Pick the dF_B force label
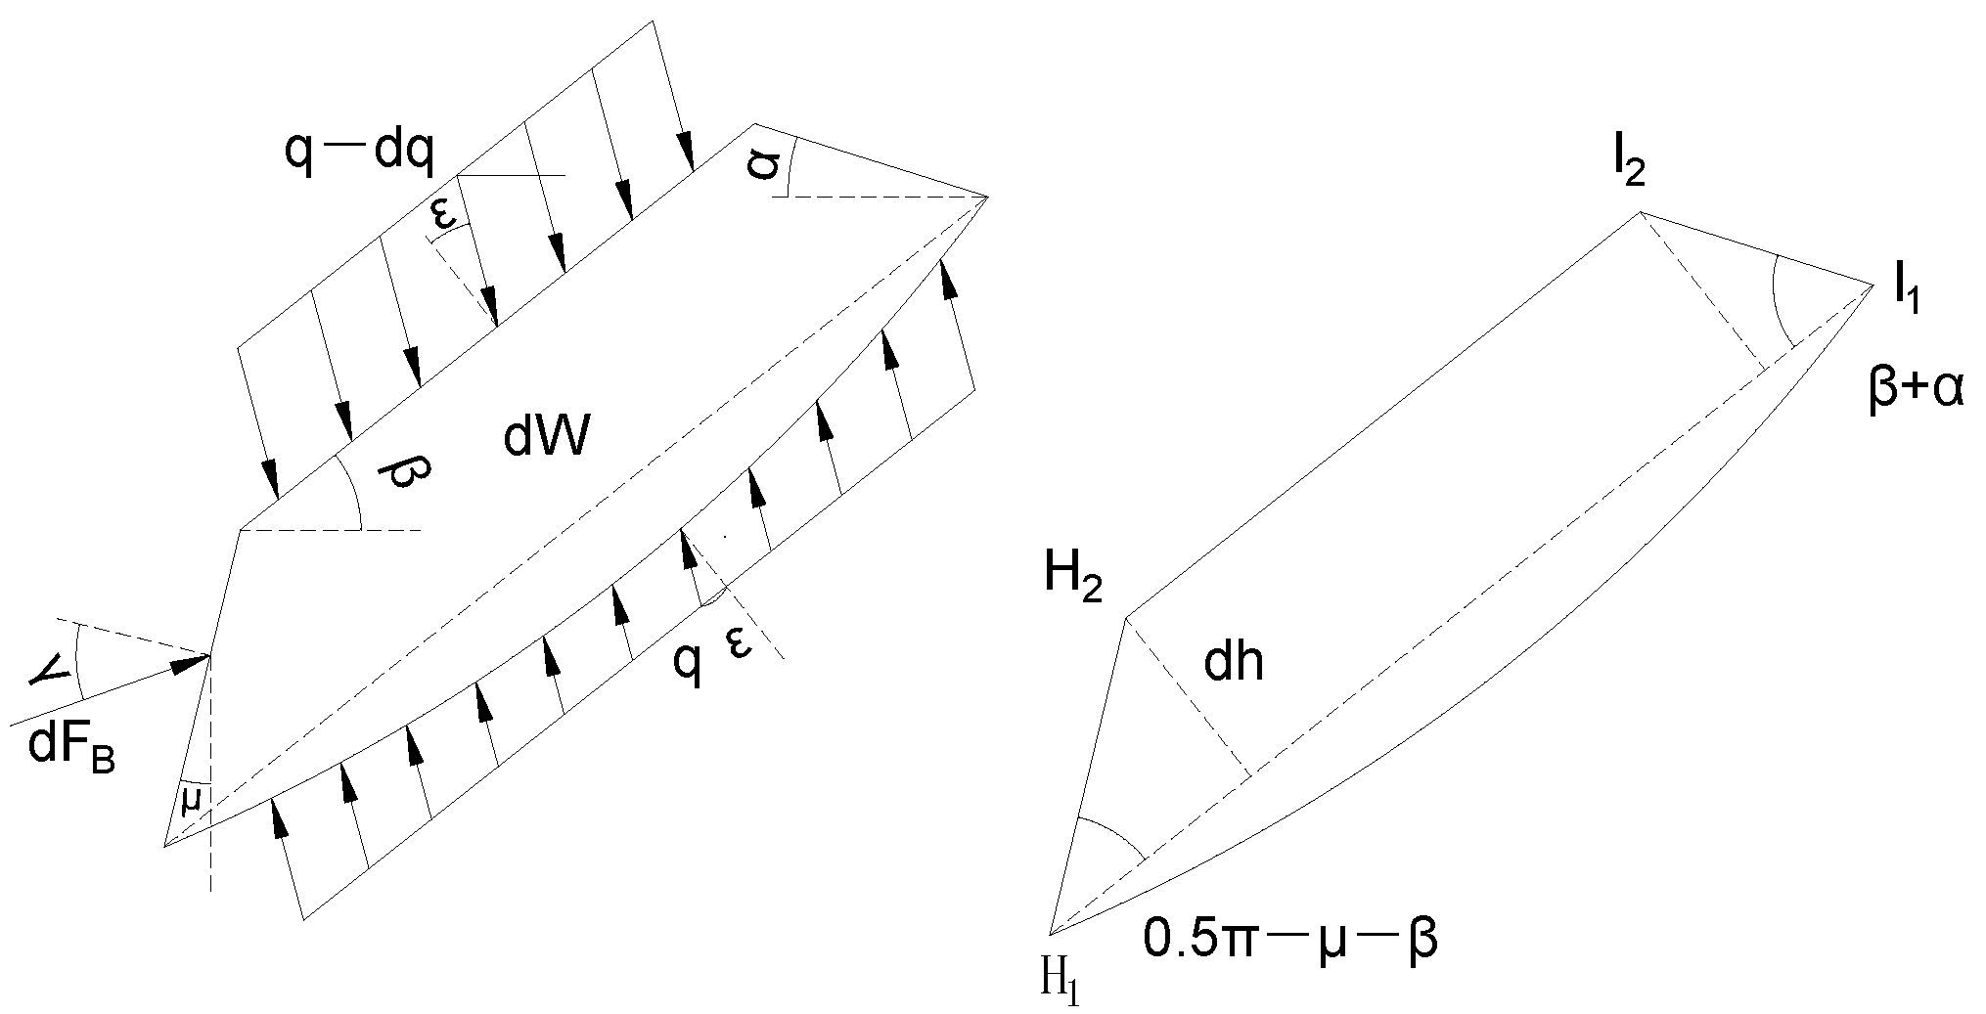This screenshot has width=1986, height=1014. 71,751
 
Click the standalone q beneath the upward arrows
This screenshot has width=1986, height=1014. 688,664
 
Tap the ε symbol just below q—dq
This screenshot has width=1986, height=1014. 445,217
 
